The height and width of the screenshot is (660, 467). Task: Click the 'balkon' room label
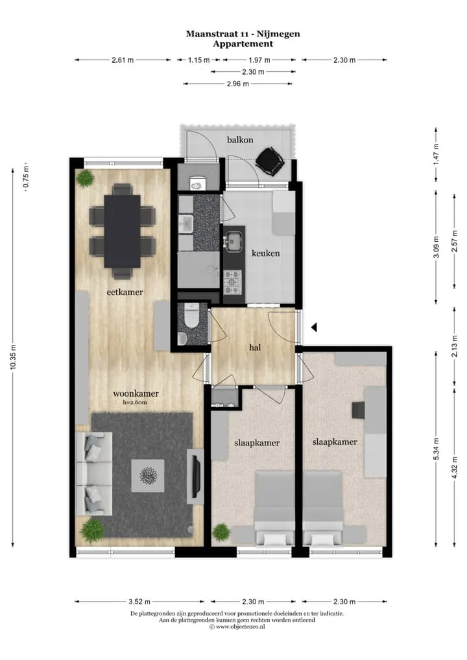240,140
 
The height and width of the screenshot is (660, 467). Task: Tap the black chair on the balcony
270,161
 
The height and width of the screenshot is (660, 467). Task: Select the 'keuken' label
266,253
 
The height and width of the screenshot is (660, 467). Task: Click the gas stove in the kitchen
232,282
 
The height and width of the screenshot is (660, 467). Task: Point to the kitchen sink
232,241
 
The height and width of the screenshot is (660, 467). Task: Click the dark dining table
122,231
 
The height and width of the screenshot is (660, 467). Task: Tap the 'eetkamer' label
125,292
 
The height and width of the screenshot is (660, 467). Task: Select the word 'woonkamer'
136,394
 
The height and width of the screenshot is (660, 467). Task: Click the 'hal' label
255,348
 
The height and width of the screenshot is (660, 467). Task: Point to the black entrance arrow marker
314,327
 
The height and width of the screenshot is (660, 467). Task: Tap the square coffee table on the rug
148,476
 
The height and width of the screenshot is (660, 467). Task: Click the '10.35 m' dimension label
13,357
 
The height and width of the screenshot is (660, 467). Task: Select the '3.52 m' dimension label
139,602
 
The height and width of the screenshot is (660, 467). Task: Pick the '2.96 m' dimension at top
238,84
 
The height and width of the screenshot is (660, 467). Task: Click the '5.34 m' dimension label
437,449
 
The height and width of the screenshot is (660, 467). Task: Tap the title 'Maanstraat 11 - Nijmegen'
243,34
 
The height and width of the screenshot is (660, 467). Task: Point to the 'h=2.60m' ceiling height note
135,403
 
